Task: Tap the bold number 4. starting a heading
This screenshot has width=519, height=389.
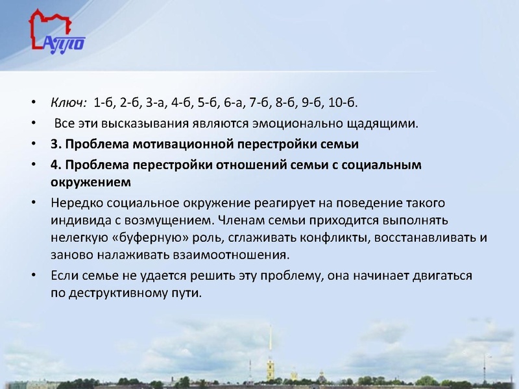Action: (55, 164)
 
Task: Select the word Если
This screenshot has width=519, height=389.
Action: (64, 276)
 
